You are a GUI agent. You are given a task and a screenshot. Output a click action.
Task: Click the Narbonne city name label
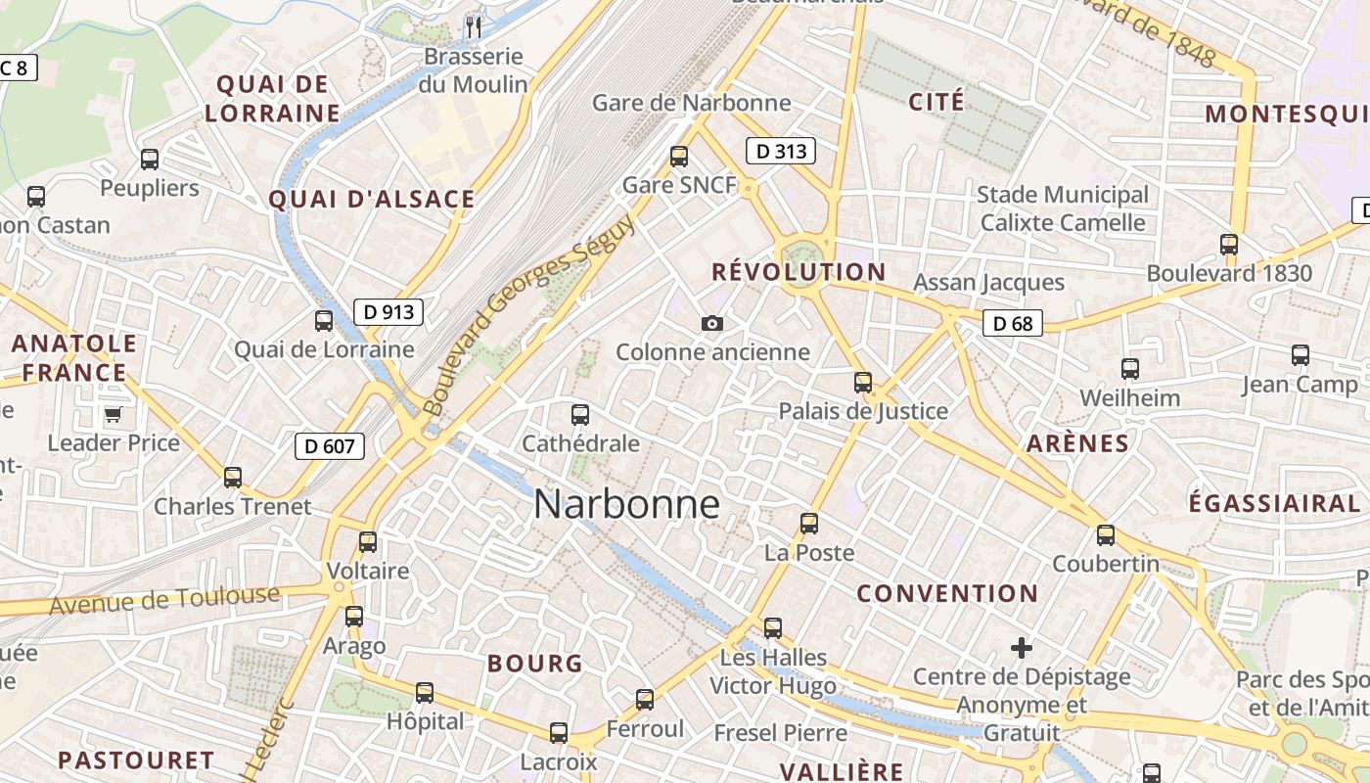coord(627,505)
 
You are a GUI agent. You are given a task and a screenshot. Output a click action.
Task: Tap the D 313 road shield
coord(781,151)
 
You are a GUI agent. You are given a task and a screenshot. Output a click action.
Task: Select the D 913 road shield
coord(388,312)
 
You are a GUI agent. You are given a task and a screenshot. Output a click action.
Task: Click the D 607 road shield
coord(330,446)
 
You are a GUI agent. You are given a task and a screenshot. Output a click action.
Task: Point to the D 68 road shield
coord(1013,323)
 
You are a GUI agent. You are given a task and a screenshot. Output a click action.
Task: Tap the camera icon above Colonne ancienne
coord(712,323)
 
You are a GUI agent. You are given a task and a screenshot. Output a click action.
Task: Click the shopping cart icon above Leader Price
coord(113,414)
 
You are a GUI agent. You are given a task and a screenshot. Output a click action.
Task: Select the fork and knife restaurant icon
coord(474,26)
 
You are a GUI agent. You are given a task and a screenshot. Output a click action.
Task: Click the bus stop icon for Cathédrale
coord(580,415)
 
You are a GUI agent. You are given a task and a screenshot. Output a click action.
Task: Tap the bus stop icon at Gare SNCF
coord(679,157)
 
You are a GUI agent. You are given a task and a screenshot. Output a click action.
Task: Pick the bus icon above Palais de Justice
coord(863,383)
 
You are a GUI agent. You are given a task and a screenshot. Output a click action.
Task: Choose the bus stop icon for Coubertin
coord(1106,535)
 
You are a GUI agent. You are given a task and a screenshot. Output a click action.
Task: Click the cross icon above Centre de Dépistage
coord(1022,648)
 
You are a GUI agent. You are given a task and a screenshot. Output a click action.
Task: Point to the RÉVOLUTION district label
coord(799,272)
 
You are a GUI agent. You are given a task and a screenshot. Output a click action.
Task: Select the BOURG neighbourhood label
coord(535,664)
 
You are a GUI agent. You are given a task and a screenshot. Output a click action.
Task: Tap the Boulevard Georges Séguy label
coord(528,313)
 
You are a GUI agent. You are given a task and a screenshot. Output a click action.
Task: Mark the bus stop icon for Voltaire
coord(368,542)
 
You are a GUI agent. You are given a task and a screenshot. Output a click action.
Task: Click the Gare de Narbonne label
coord(692,103)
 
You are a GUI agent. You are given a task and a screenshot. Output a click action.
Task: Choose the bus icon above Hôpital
coord(425,693)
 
